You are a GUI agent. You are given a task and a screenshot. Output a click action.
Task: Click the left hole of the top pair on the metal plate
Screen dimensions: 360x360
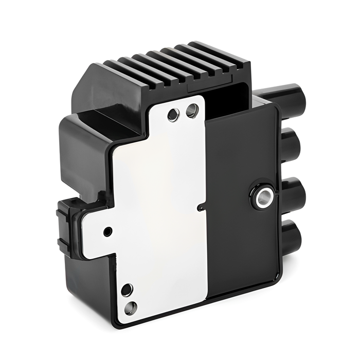(174, 114)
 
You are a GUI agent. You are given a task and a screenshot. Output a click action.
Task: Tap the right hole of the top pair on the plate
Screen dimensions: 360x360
(192, 110)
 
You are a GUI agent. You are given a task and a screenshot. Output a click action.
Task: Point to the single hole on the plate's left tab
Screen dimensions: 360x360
(107, 231)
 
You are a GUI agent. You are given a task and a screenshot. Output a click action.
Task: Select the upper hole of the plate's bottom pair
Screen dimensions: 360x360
(127, 290)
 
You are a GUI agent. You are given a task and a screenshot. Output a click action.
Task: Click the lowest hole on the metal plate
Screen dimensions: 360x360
(131, 308)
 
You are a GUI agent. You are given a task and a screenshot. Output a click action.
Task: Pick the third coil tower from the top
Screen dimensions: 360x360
(292, 192)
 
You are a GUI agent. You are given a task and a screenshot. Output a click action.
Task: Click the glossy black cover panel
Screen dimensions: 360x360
(242, 231)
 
